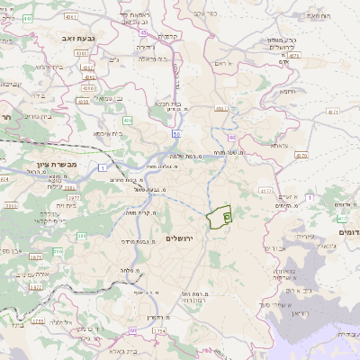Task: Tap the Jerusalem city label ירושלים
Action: pos(181,238)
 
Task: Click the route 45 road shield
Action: pos(144,31)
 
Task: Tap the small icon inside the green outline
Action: pos(227,216)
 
